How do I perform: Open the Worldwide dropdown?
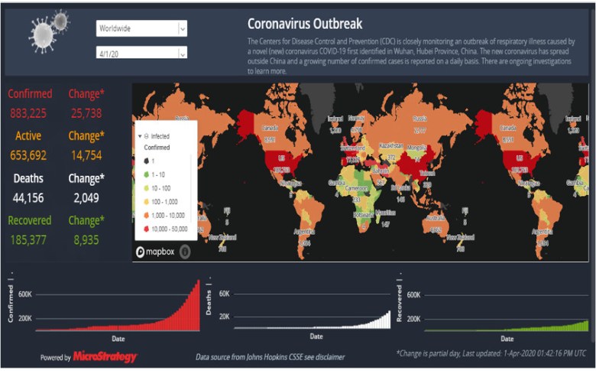(141, 28)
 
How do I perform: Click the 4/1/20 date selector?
(141, 53)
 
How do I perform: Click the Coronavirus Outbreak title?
(305, 24)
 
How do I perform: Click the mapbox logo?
(157, 251)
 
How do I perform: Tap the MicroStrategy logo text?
(105, 357)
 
